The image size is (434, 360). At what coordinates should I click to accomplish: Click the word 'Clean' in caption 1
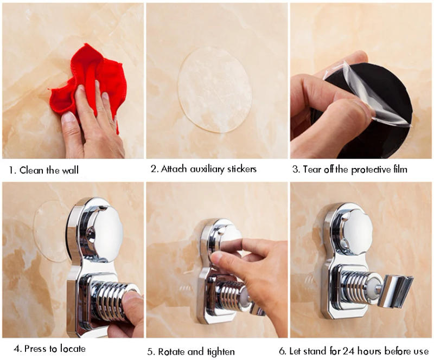tap(33, 170)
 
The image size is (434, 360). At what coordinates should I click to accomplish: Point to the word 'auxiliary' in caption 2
tap(208, 169)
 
